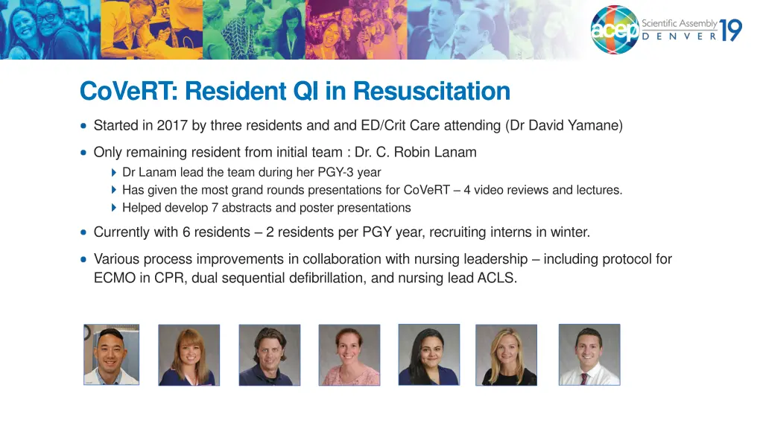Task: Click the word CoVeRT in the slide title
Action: pyautogui.click(x=124, y=92)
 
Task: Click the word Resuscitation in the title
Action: pyautogui.click(x=431, y=92)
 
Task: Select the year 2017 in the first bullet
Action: pyautogui.click(x=172, y=126)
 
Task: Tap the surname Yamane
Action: pyautogui.click(x=595, y=126)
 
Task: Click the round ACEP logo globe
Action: pyautogui.click(x=615, y=30)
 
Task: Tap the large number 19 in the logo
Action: pyautogui.click(x=730, y=31)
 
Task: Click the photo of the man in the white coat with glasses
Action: pyautogui.click(x=112, y=355)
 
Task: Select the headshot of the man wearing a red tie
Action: pyautogui.click(x=589, y=355)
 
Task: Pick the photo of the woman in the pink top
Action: pyautogui.click(x=349, y=355)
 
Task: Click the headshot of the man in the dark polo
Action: pyautogui.click(x=269, y=355)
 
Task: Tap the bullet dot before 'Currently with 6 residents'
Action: pyautogui.click(x=83, y=232)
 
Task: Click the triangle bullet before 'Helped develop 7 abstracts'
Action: pyautogui.click(x=113, y=208)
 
